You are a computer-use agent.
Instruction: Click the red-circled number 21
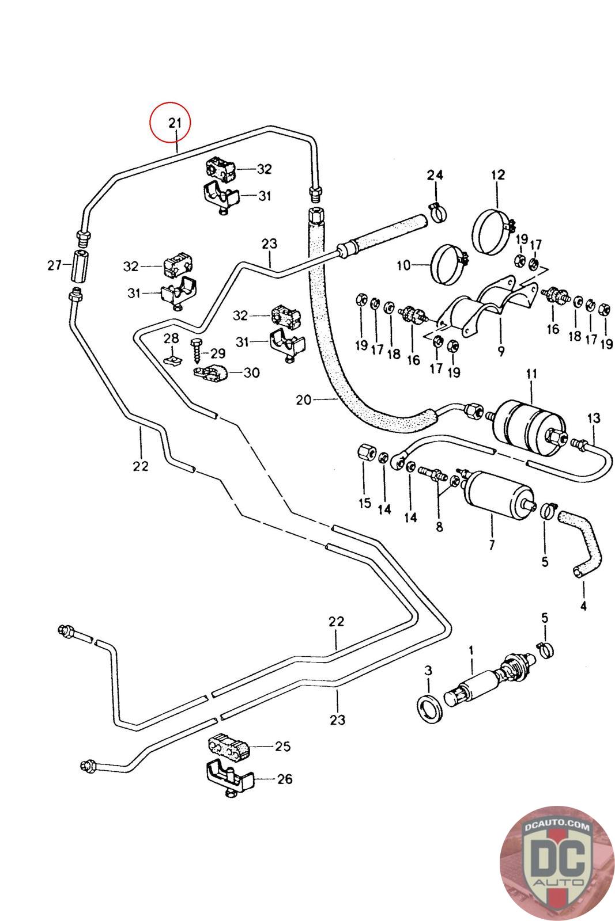pyautogui.click(x=175, y=123)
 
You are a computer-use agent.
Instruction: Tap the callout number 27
pyautogui.click(x=54, y=265)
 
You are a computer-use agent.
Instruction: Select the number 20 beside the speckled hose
pyautogui.click(x=304, y=399)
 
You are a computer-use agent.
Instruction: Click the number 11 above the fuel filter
pyautogui.click(x=531, y=374)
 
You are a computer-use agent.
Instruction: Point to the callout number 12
pyautogui.click(x=497, y=175)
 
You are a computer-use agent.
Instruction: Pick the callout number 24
pyautogui.click(x=435, y=175)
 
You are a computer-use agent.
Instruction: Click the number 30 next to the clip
pyautogui.click(x=251, y=372)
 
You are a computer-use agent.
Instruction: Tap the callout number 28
pyautogui.click(x=171, y=338)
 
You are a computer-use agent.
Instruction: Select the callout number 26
pyautogui.click(x=285, y=779)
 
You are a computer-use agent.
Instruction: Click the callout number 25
pyautogui.click(x=283, y=746)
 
